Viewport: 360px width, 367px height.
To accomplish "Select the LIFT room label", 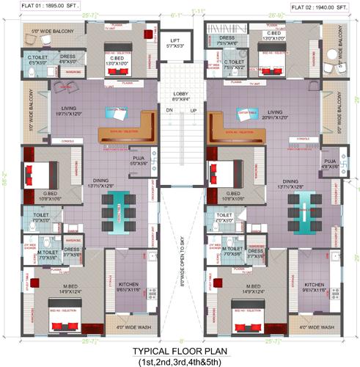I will pyautogui.click(x=175, y=43).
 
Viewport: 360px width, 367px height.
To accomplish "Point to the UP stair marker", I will pyautogui.click(x=194, y=110).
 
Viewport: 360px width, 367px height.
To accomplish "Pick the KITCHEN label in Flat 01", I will pyautogui.click(x=129, y=285).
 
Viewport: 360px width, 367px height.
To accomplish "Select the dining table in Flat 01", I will pyautogui.click(x=117, y=208).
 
